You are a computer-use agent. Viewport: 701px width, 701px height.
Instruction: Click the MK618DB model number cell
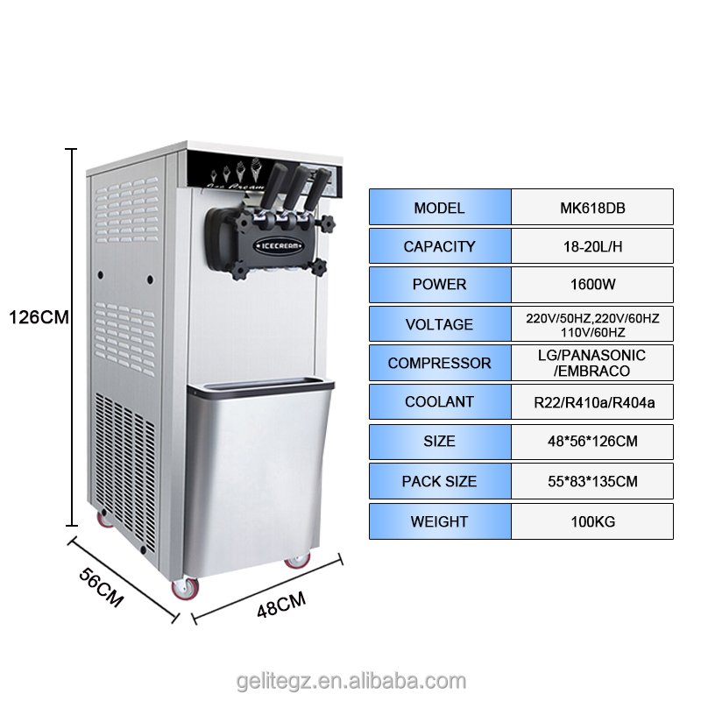pyautogui.click(x=592, y=207)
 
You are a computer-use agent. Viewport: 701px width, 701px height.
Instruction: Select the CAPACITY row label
pyautogui.click(x=440, y=246)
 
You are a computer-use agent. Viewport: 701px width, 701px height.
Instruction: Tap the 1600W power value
pyautogui.click(x=593, y=284)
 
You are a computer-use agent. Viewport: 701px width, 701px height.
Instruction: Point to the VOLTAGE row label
pyautogui.click(x=440, y=324)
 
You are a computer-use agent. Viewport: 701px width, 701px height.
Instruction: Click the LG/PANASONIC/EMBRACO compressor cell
pyautogui.click(x=592, y=363)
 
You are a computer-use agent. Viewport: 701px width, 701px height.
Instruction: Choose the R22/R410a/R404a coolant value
pyautogui.click(x=594, y=402)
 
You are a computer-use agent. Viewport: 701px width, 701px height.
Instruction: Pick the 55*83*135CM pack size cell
pyautogui.click(x=592, y=481)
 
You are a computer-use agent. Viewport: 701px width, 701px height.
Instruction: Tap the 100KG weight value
pyautogui.click(x=593, y=521)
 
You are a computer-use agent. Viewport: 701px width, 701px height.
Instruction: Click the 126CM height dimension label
pyautogui.click(x=39, y=317)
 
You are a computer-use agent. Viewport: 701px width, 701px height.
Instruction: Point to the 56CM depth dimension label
pyautogui.click(x=101, y=588)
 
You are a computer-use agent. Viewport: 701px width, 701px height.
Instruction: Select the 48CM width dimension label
pyautogui.click(x=281, y=605)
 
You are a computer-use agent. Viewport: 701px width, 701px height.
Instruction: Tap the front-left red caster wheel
pyautogui.click(x=185, y=589)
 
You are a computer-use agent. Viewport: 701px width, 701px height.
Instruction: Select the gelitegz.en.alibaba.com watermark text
pyautogui.click(x=351, y=682)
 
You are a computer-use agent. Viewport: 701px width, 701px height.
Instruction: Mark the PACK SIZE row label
pyautogui.click(x=440, y=481)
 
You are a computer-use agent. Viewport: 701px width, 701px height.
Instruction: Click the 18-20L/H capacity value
pyautogui.click(x=593, y=246)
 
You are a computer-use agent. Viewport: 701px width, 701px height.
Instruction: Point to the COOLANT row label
pyautogui.click(x=440, y=401)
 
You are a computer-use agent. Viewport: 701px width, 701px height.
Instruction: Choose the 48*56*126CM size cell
pyautogui.click(x=592, y=442)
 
